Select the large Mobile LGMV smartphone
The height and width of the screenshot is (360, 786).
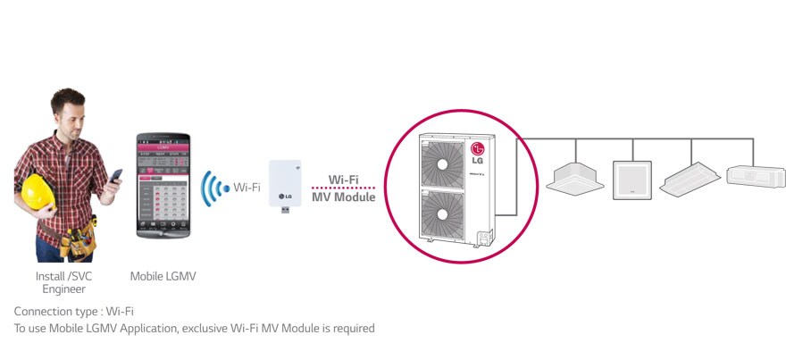163,186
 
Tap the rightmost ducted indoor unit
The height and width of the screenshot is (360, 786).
753,175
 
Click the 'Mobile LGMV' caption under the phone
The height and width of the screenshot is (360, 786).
163,277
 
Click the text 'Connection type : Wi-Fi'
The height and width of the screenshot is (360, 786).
73,311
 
